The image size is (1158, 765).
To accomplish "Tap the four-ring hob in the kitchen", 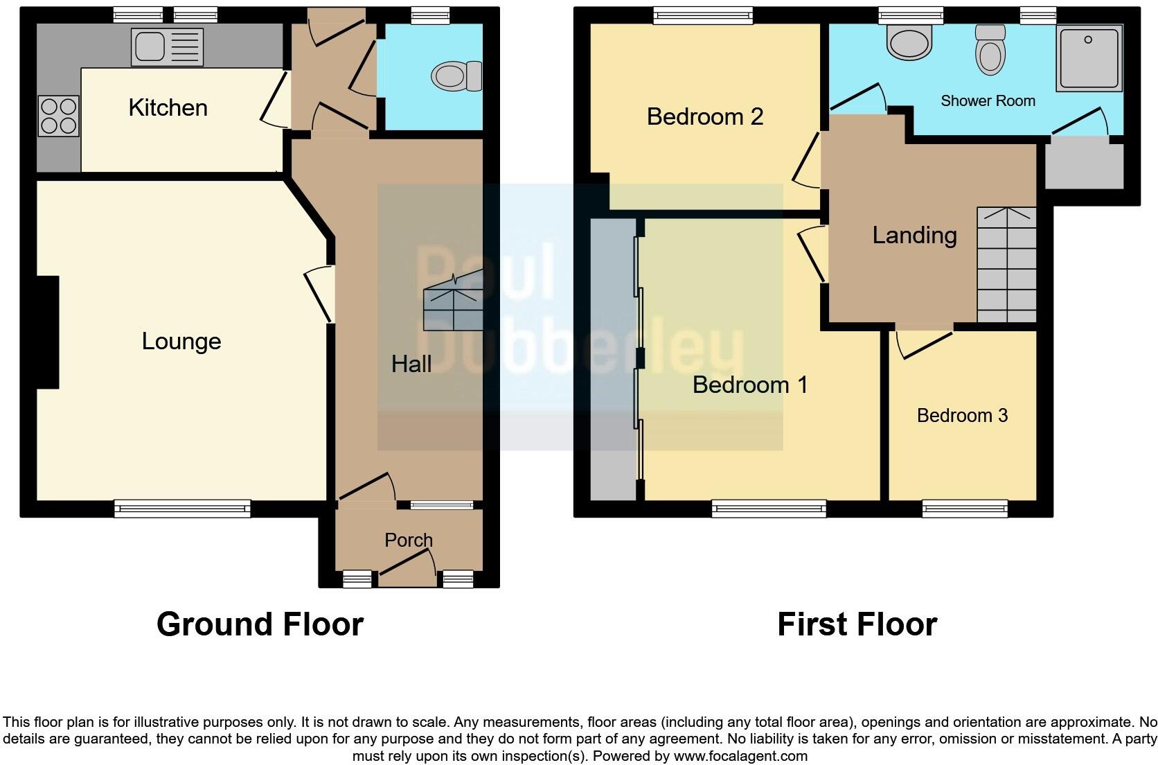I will pos(59,116).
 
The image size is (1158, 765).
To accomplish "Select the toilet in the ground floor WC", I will pos(457,76).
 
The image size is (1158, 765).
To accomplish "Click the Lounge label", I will pos(181,341).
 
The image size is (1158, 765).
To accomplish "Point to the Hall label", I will pos(411,364).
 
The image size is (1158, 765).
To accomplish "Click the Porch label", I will pos(409,540).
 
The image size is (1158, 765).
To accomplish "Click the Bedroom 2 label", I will pos(705,116).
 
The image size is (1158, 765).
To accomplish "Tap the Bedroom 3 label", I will pos(962,415).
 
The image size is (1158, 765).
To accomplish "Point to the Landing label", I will pos(914,235).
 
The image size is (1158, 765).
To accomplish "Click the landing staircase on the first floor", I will pos(1006,265).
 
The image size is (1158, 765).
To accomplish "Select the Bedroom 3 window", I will pos(965,509).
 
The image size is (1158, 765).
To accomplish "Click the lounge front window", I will pos(182,509).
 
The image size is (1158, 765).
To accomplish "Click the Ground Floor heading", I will pos(260,624).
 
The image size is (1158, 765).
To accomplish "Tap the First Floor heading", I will pos(857,624).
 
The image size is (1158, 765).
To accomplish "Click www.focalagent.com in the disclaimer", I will pos(740,756).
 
